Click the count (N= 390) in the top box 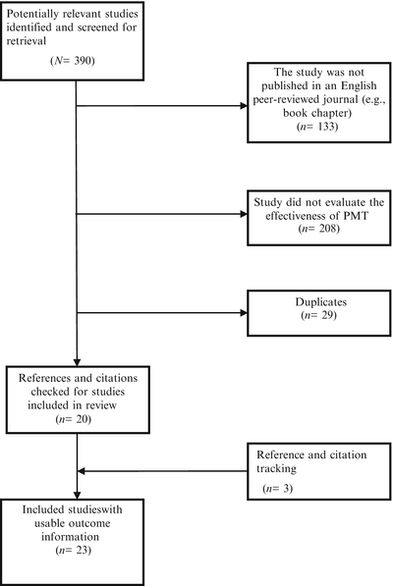point(66,62)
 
